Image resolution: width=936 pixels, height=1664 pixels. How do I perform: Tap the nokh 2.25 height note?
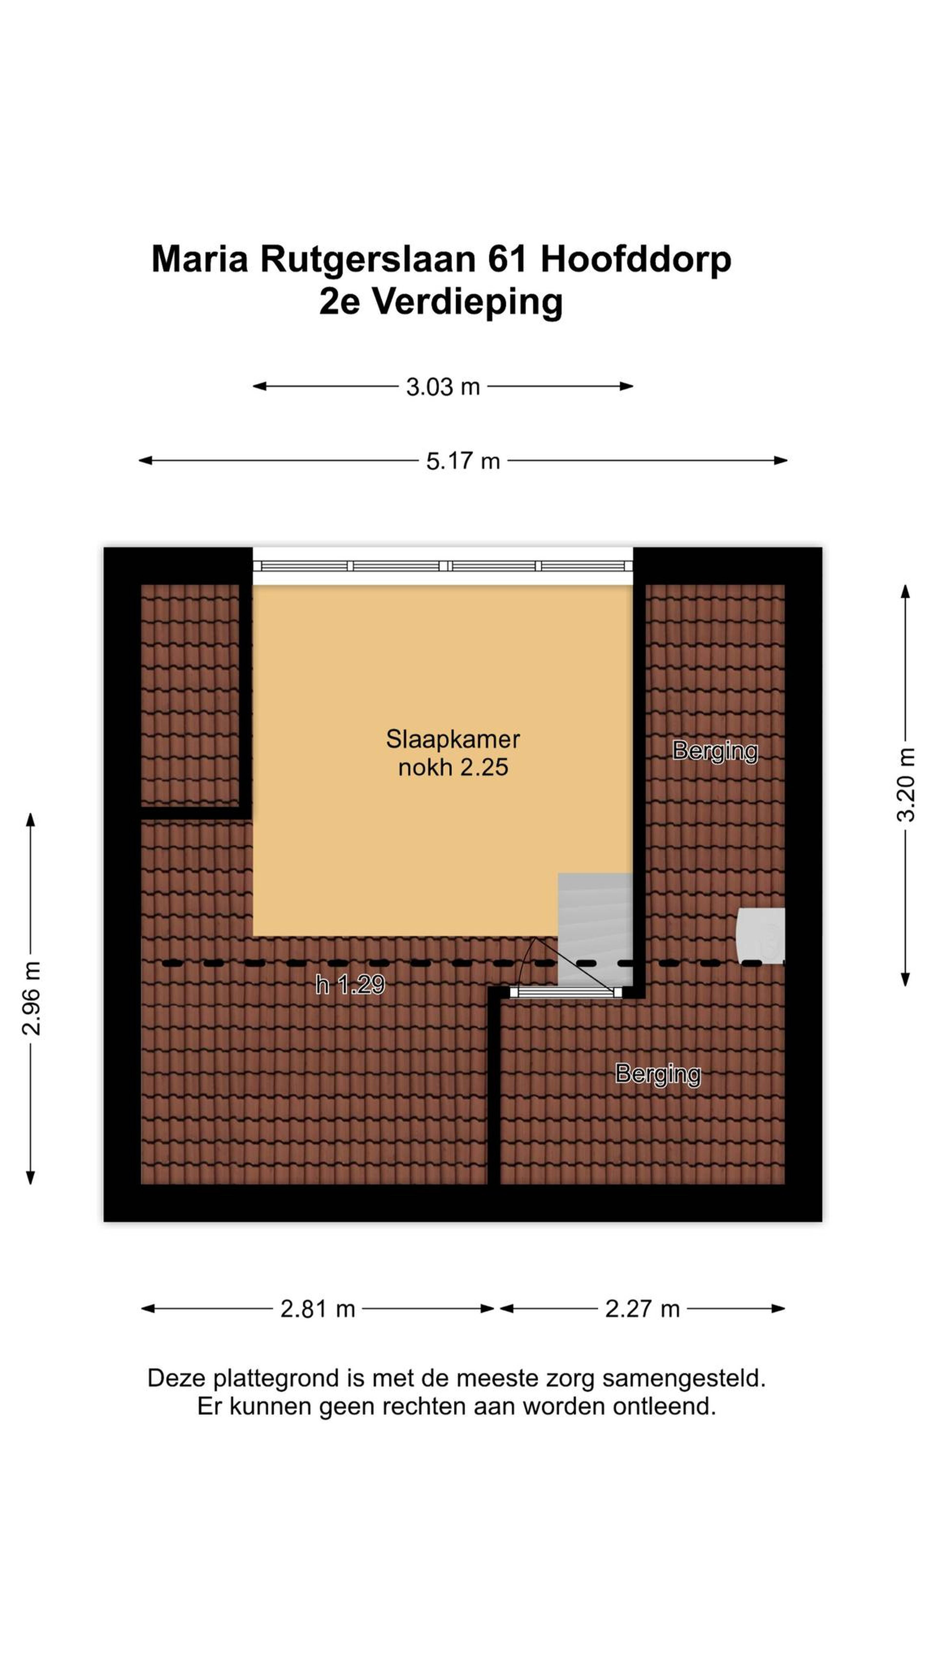tap(453, 767)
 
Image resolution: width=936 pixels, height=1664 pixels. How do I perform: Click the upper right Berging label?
tap(715, 751)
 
